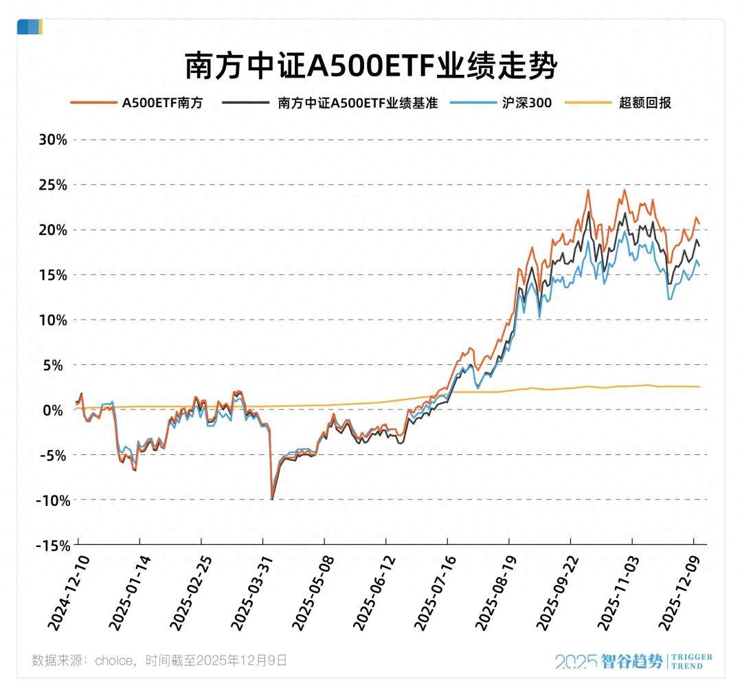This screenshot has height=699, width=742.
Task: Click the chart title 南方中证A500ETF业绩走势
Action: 370,67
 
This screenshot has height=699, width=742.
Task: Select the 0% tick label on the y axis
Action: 56,410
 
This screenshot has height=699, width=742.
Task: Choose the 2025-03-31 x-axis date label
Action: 248,594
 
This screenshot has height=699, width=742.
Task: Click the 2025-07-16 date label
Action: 432,594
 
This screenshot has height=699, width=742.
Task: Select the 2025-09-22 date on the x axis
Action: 555,594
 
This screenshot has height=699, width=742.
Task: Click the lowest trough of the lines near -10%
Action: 272,498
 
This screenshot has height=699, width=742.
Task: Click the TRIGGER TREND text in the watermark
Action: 691,661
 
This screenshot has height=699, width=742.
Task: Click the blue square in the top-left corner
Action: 27,27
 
